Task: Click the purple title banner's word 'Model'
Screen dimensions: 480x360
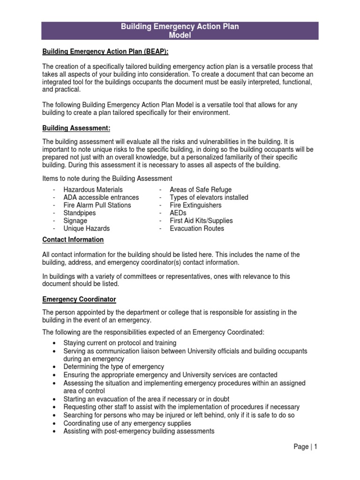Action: click(x=180, y=35)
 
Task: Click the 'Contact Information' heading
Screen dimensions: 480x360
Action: click(x=73, y=240)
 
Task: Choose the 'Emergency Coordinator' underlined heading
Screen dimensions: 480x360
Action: click(x=79, y=299)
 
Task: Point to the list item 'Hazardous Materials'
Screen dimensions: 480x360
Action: click(x=93, y=190)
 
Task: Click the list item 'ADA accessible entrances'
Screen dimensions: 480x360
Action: click(x=101, y=197)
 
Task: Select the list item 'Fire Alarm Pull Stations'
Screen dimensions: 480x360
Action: click(x=97, y=205)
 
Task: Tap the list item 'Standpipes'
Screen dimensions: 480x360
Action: click(x=80, y=213)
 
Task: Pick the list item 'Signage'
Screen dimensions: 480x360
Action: click(x=75, y=221)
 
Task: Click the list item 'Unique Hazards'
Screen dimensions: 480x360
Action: click(x=86, y=228)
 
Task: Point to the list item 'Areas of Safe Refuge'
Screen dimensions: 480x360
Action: click(x=201, y=190)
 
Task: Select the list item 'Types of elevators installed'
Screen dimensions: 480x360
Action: click(x=209, y=197)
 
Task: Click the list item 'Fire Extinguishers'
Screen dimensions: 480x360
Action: click(x=195, y=205)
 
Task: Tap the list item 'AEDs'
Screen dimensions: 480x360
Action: click(x=178, y=213)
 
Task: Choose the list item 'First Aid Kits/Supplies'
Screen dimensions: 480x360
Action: click(x=201, y=221)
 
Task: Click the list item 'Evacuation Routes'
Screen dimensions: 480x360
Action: click(x=197, y=228)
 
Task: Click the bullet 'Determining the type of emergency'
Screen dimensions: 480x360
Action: click(x=113, y=367)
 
